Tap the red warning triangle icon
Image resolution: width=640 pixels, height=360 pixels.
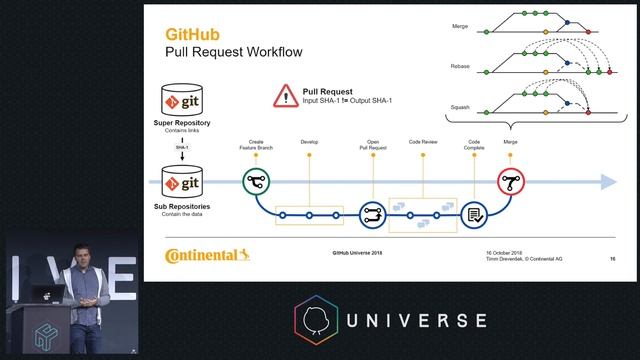click(284, 96)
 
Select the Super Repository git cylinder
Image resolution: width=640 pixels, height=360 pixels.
click(185, 101)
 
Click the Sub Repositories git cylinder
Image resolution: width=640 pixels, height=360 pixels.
click(185, 183)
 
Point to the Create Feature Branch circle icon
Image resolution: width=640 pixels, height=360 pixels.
click(256, 182)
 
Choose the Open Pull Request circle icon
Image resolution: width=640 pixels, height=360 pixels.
click(372, 213)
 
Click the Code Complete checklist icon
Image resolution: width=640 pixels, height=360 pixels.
click(474, 213)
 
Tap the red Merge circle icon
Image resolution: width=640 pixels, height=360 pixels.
click(511, 182)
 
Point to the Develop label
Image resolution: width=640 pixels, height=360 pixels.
click(309, 143)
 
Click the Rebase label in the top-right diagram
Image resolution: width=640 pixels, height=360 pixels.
click(460, 66)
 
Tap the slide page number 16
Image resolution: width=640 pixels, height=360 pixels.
click(612, 258)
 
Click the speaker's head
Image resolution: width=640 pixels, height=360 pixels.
click(81, 253)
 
